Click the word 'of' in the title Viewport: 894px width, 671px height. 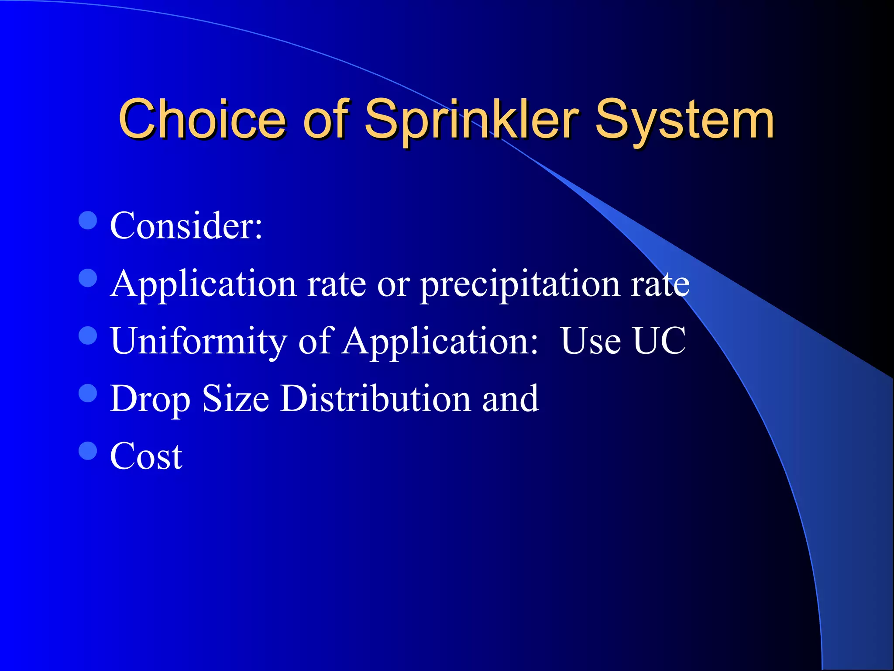click(326, 119)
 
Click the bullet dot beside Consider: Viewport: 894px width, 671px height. click(88, 221)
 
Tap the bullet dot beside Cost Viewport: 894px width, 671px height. click(88, 451)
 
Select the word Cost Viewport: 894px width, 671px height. click(146, 457)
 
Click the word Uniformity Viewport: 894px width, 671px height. click(199, 342)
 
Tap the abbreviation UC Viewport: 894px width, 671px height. click(659, 341)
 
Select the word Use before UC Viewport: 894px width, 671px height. click(591, 341)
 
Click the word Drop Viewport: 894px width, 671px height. click(150, 399)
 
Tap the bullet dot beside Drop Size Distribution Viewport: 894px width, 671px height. click(88, 393)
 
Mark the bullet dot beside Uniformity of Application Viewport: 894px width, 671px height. click(88, 335)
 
